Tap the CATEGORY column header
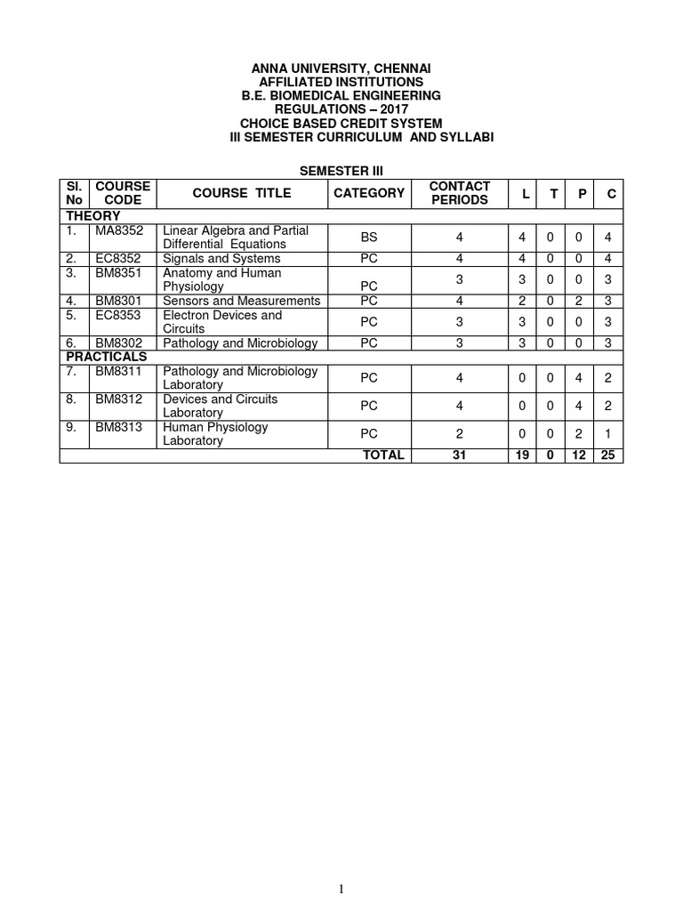click(369, 193)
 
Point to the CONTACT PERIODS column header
click(459, 193)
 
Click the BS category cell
click(369, 238)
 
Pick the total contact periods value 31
click(459, 455)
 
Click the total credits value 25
click(610, 455)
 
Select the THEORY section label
click(92, 216)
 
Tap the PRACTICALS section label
click(105, 357)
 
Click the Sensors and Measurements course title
click(242, 301)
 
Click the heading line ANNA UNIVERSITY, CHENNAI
click(341, 69)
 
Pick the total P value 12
click(579, 455)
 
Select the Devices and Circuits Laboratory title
click(221, 406)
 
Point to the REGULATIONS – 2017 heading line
click(341, 109)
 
